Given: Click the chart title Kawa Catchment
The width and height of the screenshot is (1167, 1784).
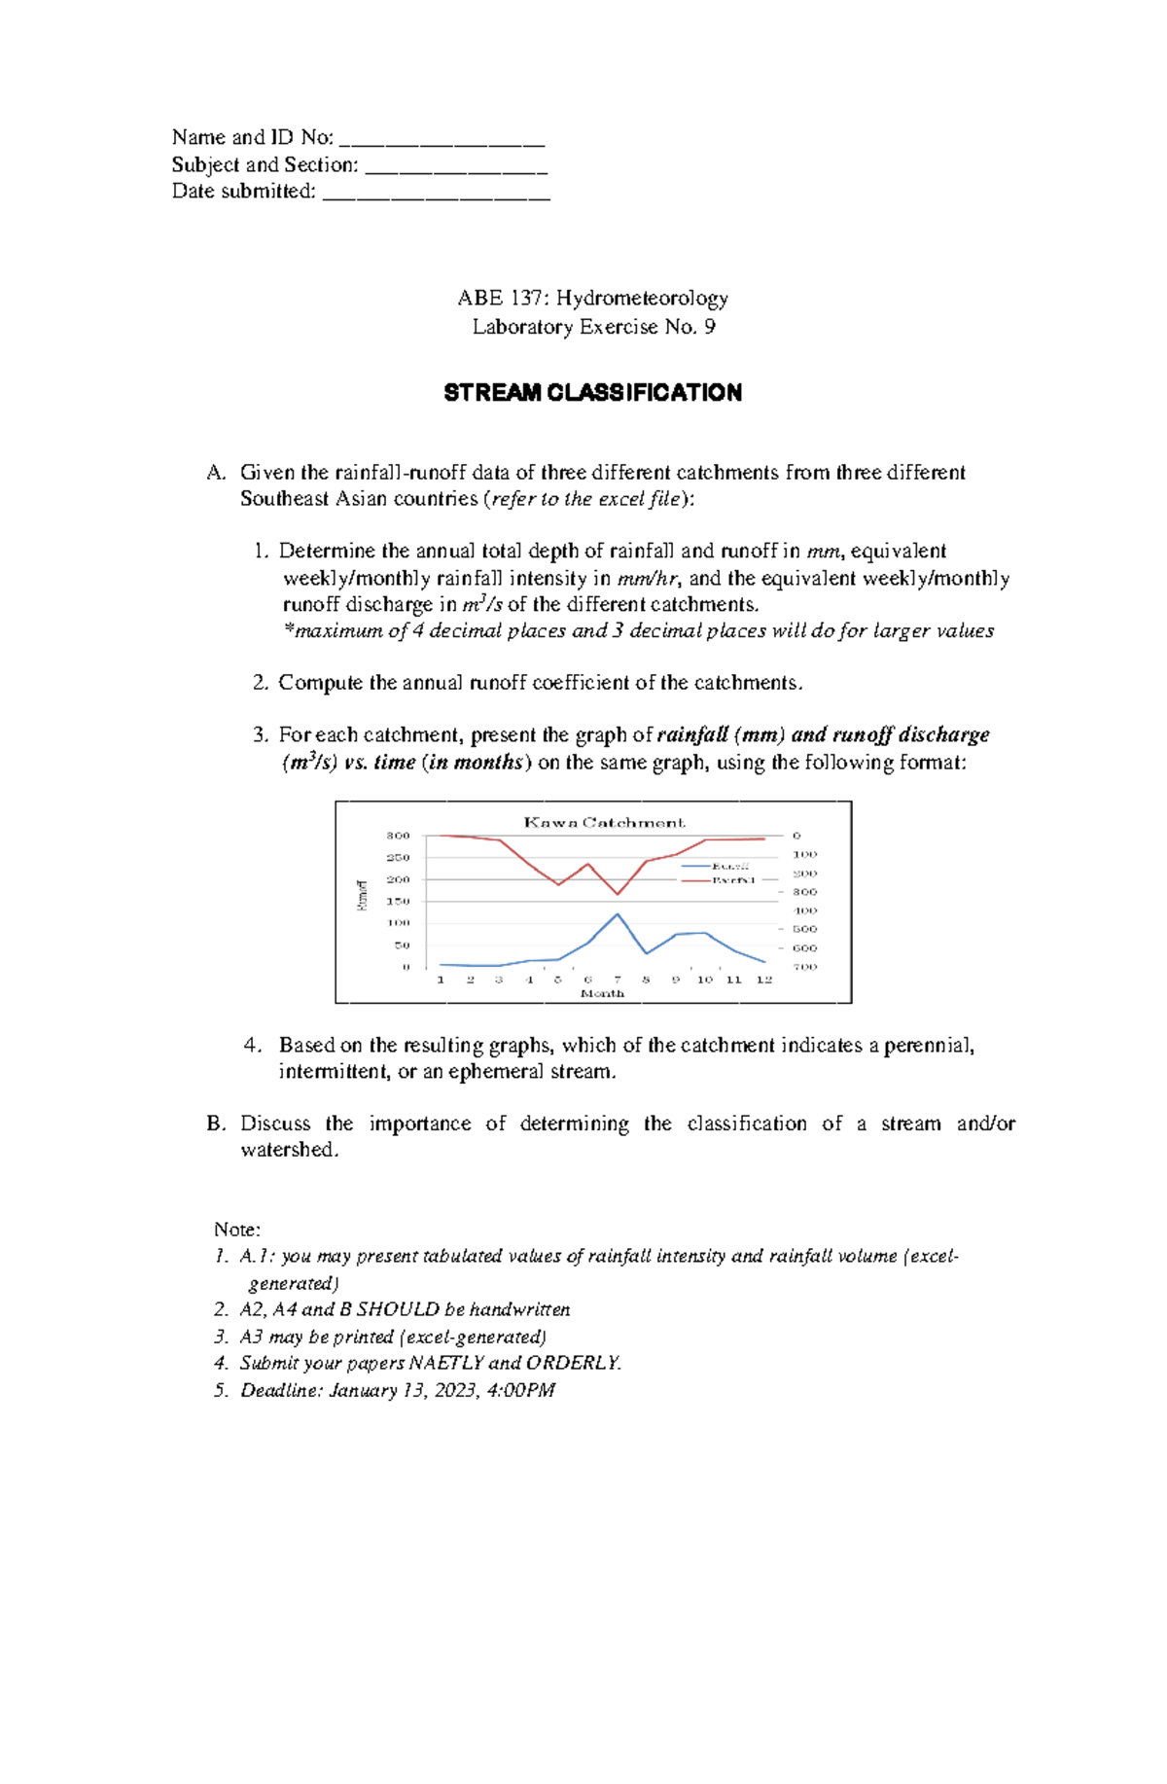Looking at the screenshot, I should [x=604, y=822].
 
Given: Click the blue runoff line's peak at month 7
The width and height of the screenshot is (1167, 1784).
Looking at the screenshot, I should [x=618, y=913].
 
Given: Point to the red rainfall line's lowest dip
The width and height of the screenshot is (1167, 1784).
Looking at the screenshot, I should [x=618, y=894].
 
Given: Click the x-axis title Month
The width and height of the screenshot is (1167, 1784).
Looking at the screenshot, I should [x=602, y=993].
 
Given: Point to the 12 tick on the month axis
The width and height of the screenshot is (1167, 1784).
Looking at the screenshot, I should [x=764, y=980].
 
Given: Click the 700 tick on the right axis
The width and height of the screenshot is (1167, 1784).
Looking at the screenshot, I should [x=804, y=967].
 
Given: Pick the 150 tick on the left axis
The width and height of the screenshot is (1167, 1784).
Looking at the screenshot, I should [x=399, y=902].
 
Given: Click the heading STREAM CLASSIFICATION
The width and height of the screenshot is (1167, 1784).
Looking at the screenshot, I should [x=592, y=393].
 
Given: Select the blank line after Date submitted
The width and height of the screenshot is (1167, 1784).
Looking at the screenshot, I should [x=436, y=193].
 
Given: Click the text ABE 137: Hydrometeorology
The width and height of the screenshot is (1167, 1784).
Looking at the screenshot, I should [x=592, y=299].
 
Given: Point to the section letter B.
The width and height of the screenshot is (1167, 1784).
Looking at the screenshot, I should [x=215, y=1124].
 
